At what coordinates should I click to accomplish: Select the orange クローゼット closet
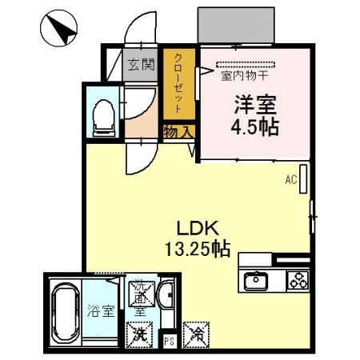coord(179,83)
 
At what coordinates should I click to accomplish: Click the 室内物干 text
coord(244,77)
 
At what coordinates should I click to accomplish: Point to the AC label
coord(291,180)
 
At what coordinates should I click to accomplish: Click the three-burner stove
coord(298,280)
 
